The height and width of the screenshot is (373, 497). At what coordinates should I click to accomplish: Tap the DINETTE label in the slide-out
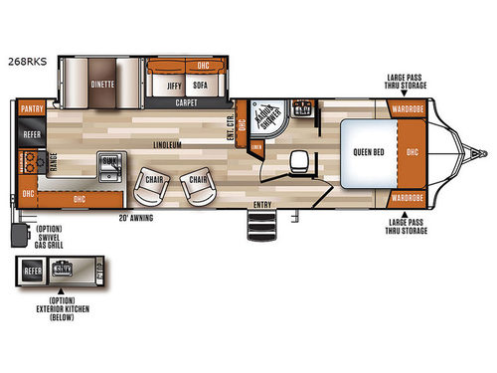click(x=102, y=85)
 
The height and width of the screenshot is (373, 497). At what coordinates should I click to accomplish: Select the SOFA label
click(x=199, y=86)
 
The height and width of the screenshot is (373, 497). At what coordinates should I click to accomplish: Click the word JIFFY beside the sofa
click(x=167, y=86)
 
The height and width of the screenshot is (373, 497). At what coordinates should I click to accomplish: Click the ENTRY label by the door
click(x=262, y=205)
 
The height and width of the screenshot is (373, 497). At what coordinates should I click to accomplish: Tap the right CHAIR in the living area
click(x=199, y=180)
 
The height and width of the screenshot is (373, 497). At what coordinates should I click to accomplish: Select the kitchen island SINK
click(x=109, y=161)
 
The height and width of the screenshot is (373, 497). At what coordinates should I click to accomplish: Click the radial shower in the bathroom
click(x=266, y=117)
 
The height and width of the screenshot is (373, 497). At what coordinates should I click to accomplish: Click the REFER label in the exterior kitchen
click(x=31, y=269)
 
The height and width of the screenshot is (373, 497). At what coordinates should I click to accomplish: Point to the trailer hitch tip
click(x=484, y=153)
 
